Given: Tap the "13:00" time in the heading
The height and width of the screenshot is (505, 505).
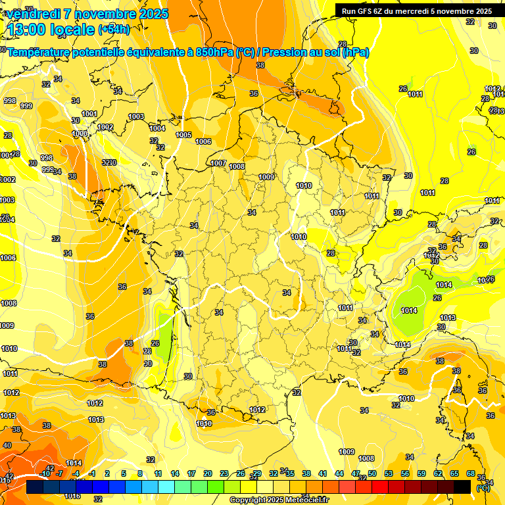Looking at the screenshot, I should tap(28, 30).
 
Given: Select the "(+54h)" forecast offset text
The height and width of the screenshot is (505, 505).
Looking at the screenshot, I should tap(114, 29).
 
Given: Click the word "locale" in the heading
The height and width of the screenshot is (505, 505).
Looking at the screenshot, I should tap(72, 30).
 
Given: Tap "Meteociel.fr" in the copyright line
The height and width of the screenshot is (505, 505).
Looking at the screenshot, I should tap(303, 500).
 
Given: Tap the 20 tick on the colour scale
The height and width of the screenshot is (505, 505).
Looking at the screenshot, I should tap(208, 473).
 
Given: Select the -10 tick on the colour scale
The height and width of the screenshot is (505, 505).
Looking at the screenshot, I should tap(45, 473).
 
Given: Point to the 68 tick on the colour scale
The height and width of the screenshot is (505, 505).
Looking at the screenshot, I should tap(471, 473).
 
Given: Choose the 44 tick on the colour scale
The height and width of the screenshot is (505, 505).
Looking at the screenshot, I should tap(339, 473).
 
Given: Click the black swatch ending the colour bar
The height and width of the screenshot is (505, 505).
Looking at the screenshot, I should tap(462, 487).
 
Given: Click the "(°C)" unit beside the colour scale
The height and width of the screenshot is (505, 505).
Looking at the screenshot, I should tap(483, 488).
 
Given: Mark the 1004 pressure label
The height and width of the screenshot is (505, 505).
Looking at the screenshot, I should tap(157, 128).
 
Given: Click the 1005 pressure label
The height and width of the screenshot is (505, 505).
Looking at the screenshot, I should tap(184, 135).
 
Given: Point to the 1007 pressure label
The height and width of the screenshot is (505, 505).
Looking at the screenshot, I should tap(219, 163).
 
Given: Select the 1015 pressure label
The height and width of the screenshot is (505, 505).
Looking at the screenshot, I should tap(96, 420).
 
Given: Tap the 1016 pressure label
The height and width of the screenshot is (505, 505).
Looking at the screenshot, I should tap(73, 496).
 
